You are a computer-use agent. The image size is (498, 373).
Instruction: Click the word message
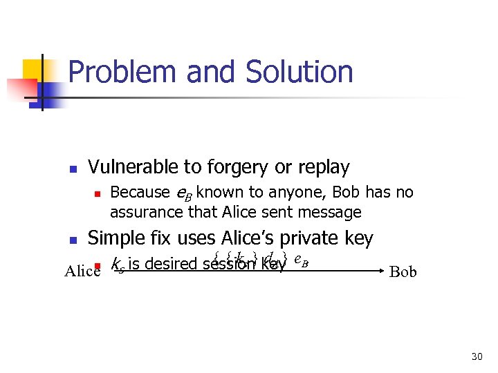click(329, 211)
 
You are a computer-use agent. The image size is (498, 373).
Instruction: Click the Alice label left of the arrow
click(82, 271)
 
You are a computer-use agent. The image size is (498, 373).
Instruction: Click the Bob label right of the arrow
click(403, 271)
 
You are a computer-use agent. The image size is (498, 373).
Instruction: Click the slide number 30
click(476, 356)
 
